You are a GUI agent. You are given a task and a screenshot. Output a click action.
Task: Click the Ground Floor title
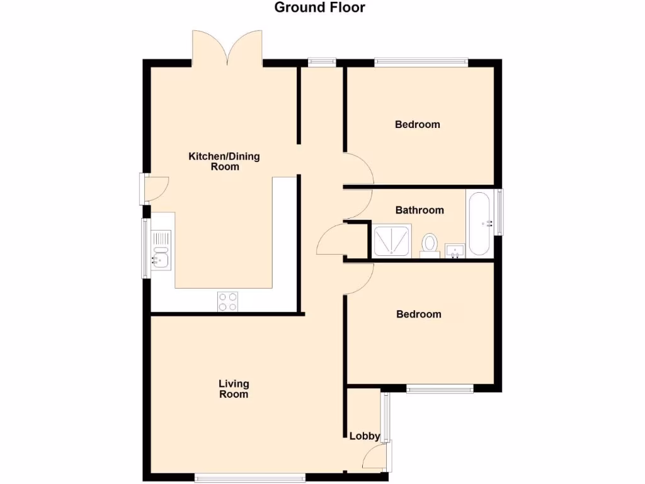pos(319,8)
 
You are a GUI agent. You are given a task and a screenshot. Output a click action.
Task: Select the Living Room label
pos(234,389)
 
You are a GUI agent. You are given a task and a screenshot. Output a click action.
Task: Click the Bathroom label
pos(420,210)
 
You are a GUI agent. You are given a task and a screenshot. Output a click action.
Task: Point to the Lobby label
pos(365,436)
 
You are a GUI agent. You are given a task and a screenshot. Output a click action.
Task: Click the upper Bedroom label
pos(418,124)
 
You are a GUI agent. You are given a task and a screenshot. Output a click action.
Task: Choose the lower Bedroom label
pos(419,314)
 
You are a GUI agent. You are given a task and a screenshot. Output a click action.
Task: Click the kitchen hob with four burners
pos(228,302)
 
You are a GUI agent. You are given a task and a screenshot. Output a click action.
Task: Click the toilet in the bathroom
pos(430,245)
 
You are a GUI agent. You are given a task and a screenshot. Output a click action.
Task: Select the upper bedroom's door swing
pos(358,169)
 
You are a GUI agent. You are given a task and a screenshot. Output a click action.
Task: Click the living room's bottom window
pos(249,477)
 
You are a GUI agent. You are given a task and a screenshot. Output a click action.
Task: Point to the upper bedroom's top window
pos(421,62)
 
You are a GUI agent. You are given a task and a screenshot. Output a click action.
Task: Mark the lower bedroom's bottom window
pos(440,389)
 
